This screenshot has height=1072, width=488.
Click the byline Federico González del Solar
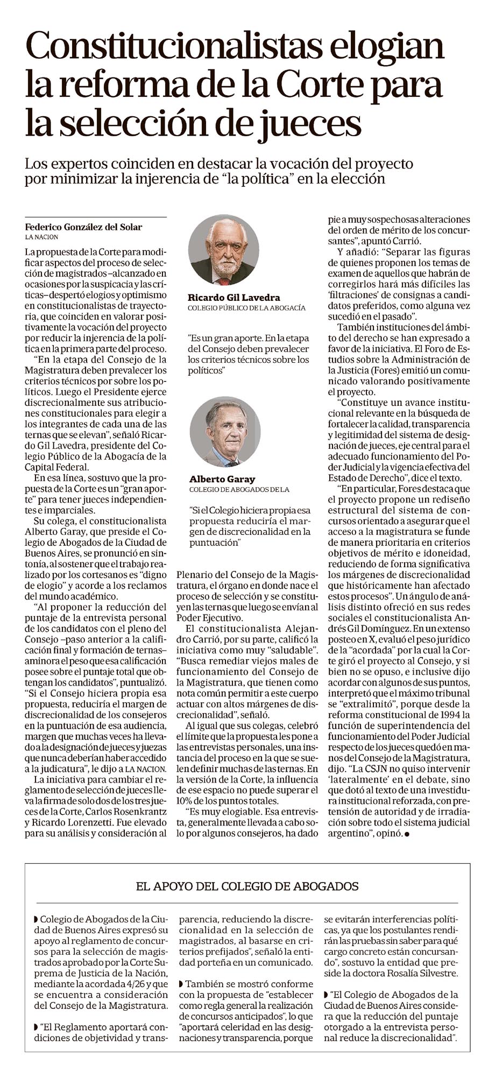tap(83, 227)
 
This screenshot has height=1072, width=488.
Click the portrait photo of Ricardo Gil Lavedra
tap(223, 250)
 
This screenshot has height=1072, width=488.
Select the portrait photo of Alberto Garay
tap(225, 432)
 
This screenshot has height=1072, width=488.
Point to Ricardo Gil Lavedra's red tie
tap(223, 280)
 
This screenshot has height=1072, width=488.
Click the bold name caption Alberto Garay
tap(222, 479)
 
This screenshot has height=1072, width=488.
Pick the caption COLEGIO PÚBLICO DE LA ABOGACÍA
tap(246, 308)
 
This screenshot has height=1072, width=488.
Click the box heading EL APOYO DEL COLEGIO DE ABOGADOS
tap(247, 886)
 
